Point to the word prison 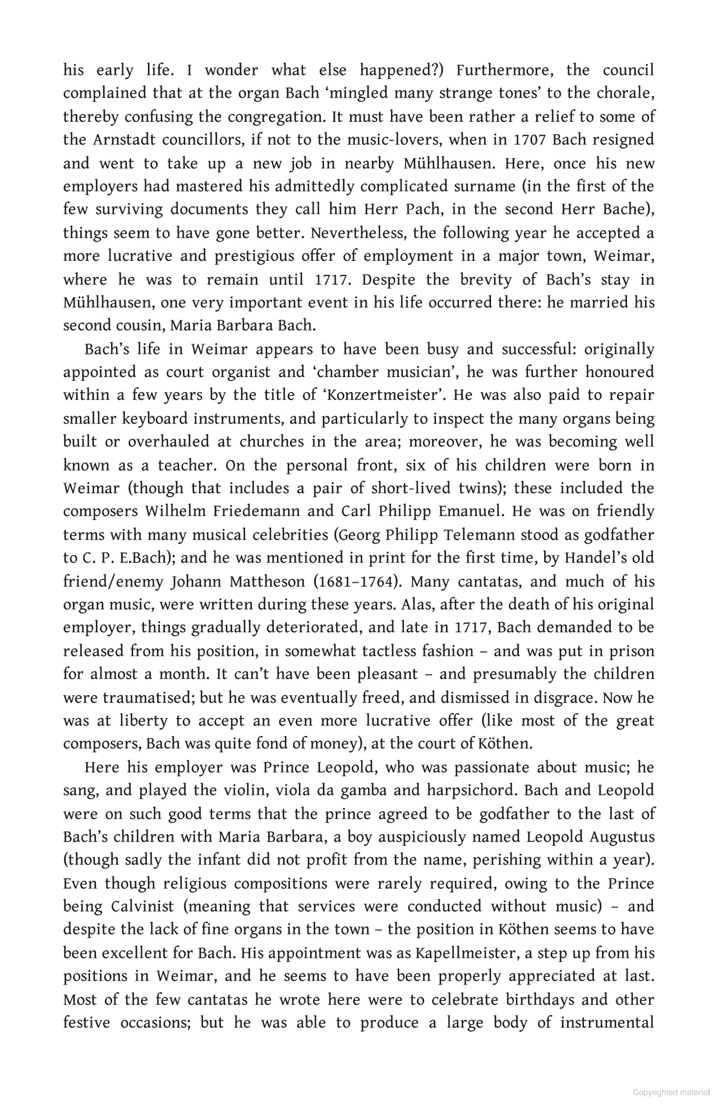coord(628,651)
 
